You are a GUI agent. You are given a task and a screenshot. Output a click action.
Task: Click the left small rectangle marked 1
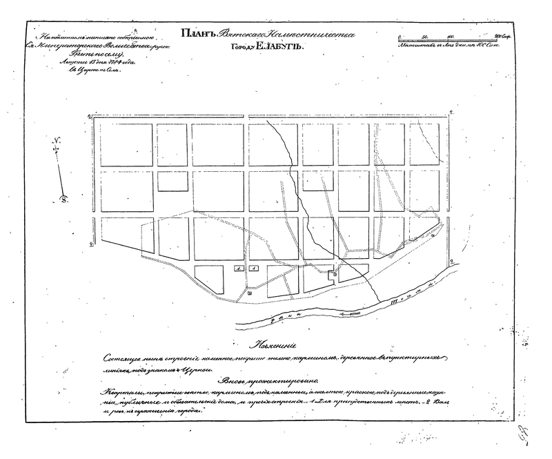[x=237, y=268]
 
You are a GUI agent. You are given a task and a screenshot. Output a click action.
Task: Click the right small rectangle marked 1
[x=253, y=268]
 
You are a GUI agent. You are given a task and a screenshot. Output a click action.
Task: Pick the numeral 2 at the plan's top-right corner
[x=450, y=113]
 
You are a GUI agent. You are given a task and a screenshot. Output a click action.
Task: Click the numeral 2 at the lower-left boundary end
[x=92, y=243]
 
